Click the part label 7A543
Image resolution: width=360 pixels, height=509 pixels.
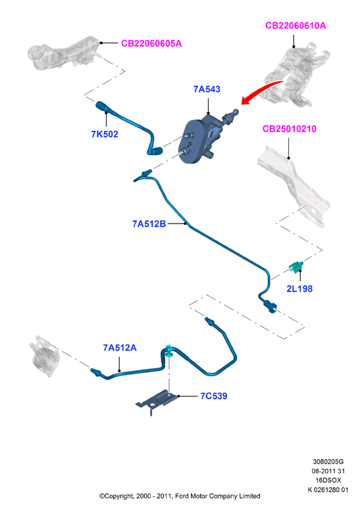tap(207, 89)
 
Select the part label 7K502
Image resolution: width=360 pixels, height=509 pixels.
tap(105, 134)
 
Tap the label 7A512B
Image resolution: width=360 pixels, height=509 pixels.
tap(149, 224)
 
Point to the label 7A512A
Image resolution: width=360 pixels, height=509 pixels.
tap(120, 348)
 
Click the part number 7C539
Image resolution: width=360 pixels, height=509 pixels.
tap(214, 396)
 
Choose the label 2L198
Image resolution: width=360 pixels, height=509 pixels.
tap(299, 289)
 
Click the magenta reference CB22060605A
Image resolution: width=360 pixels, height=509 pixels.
tap(151, 43)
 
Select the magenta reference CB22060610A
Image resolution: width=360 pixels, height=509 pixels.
tap(296, 26)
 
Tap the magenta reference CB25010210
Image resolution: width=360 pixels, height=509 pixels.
tap(290, 129)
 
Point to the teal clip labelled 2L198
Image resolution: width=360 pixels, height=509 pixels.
tap(296, 267)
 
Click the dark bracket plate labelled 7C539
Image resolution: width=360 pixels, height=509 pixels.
tap(156, 402)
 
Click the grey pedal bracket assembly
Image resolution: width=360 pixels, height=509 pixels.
tap(296, 76)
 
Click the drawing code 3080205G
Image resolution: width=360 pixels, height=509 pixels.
tap(328, 461)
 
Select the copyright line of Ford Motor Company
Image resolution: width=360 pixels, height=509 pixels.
tap(180, 496)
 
